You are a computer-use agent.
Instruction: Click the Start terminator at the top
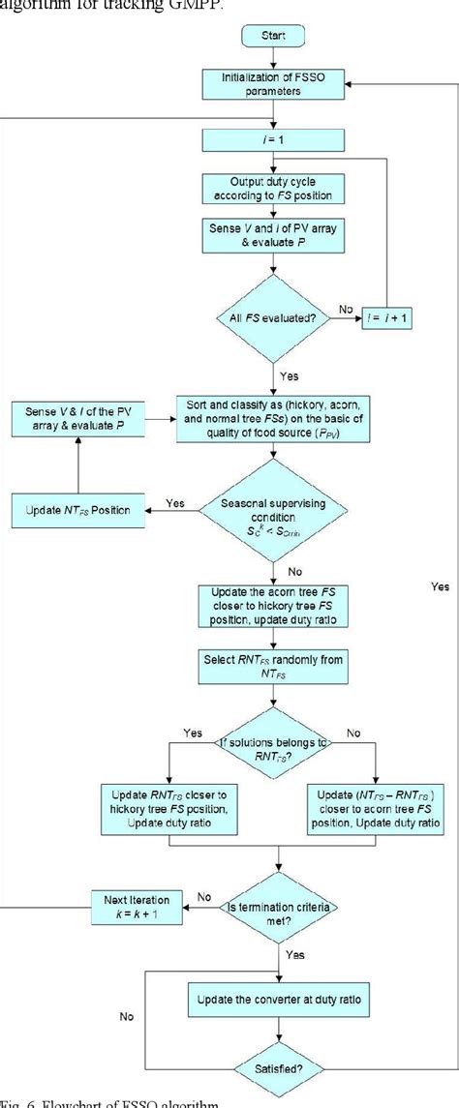274,36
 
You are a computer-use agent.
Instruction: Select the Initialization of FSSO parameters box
274,84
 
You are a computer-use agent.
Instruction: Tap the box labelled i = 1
274,141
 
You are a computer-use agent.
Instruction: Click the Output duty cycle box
274,190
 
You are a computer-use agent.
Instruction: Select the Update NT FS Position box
77,504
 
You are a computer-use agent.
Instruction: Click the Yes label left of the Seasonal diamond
176,503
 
